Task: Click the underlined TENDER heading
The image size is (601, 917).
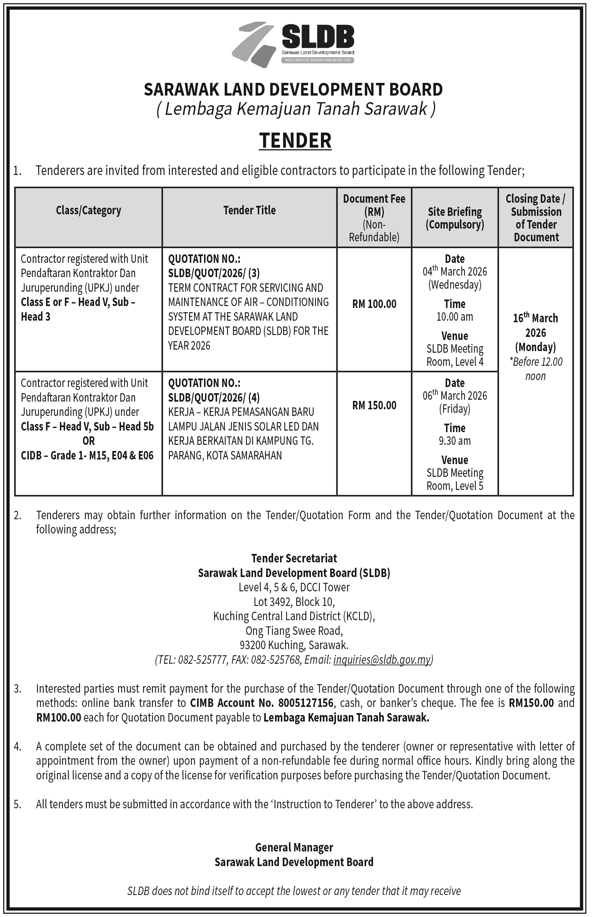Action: coord(295,140)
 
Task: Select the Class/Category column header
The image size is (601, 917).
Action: coord(88,210)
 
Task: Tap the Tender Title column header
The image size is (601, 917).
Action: coord(249,210)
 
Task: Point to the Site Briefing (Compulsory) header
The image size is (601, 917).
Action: coord(455,218)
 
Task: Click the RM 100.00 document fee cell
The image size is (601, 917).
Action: coord(374,304)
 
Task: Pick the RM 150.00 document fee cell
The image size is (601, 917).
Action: coord(374,405)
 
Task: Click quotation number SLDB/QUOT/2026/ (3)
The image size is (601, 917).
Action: coord(214,273)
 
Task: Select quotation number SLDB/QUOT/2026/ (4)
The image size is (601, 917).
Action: coord(214,397)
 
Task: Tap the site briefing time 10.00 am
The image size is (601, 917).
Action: coord(455,317)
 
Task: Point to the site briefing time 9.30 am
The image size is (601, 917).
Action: coord(455,441)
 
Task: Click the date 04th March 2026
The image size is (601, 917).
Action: coord(455,272)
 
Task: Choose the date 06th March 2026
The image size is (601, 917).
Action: coord(455,396)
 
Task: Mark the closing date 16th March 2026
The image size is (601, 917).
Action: coord(535,326)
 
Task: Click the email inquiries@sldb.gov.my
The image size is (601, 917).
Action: coord(382,660)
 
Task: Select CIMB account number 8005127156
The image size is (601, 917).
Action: coord(304,703)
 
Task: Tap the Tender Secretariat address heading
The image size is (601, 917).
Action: coord(294,558)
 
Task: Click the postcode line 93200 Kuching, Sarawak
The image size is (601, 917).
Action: coord(294,645)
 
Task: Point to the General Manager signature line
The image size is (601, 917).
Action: coord(294,847)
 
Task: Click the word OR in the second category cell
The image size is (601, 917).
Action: coord(88,441)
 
